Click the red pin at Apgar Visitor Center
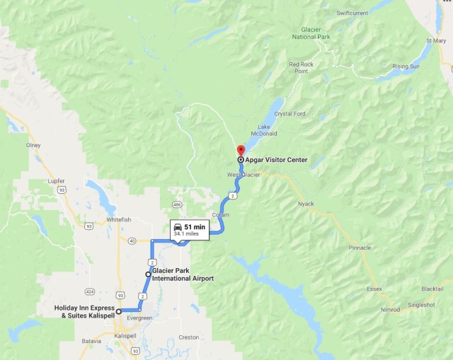point(240,150)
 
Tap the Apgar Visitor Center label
point(277,160)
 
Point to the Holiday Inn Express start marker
point(119,311)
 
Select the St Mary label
point(436,40)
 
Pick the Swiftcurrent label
point(352,13)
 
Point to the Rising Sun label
point(406,66)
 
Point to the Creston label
point(188,337)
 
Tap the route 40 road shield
point(132,241)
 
